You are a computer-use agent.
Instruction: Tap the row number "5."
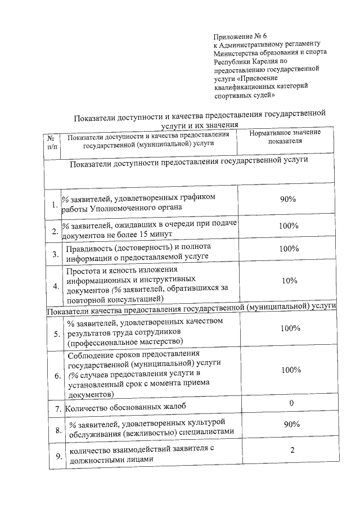57,334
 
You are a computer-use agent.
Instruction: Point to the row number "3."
56,254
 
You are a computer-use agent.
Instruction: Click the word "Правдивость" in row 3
91,247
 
